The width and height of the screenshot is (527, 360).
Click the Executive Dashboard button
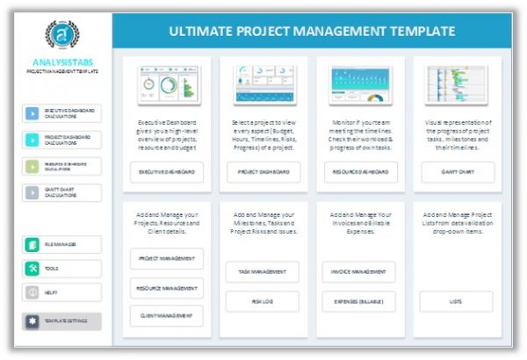(167, 173)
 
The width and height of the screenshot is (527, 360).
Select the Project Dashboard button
(263, 173)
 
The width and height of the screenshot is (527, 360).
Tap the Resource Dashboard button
(358, 173)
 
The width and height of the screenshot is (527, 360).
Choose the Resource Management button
(167, 287)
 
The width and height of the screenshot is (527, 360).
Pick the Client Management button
(167, 314)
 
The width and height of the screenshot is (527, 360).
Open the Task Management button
(263, 272)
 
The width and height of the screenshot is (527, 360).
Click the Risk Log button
(263, 300)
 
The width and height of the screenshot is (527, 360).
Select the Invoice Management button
(358, 272)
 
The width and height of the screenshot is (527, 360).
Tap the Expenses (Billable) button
(358, 300)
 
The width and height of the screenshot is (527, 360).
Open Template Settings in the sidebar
(61, 321)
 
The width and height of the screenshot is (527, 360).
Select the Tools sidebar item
(61, 268)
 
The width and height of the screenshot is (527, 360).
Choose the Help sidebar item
(61, 292)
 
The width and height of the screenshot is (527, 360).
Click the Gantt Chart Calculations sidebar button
(61, 191)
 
